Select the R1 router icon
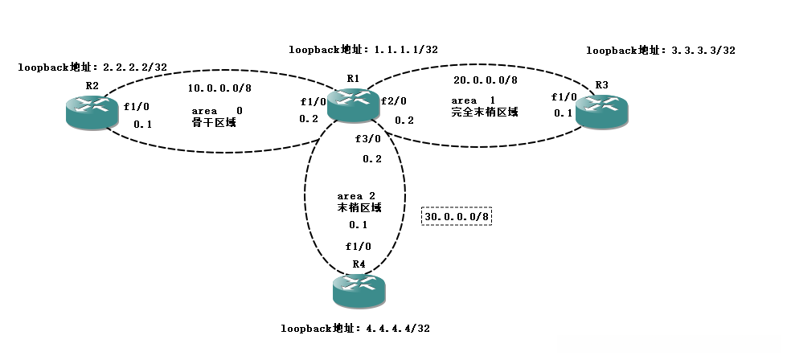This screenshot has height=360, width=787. click(x=353, y=104)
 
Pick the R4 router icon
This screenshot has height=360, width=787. click(x=359, y=290)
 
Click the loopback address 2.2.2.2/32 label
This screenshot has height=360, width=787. click(x=92, y=67)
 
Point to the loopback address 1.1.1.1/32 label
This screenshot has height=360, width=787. click(x=363, y=49)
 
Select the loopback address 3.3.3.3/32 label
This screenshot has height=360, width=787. click(x=661, y=50)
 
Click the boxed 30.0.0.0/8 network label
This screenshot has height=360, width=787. click(x=457, y=216)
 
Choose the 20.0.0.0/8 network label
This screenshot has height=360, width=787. click(x=486, y=80)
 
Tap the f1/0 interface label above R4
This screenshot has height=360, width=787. click(x=359, y=247)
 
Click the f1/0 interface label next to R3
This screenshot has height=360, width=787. click(x=564, y=96)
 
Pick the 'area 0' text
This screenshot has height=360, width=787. click(x=216, y=109)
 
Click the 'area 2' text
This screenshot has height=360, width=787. click(x=356, y=195)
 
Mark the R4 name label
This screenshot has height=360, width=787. click(x=359, y=264)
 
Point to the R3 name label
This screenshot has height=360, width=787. click(x=602, y=84)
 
